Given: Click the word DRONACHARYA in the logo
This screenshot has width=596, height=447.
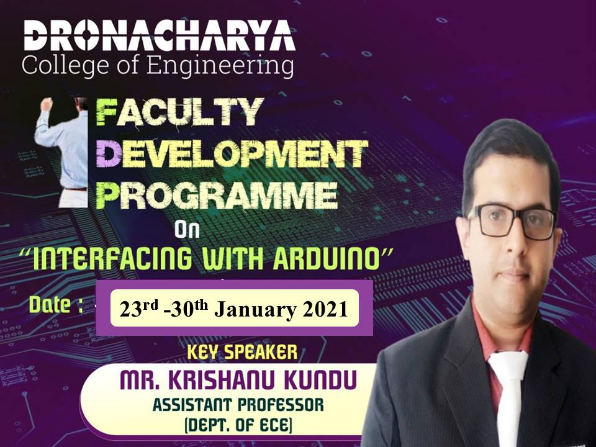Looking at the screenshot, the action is click(x=160, y=36).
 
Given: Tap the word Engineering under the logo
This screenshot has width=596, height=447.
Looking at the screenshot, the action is click(x=220, y=65).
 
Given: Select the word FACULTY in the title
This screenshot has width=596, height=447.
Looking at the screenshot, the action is click(x=179, y=112).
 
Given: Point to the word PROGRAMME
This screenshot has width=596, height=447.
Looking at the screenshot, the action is click(x=217, y=195).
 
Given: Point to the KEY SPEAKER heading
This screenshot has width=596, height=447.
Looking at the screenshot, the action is click(x=242, y=353).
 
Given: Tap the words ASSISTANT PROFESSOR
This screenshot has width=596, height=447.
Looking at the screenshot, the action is click(x=238, y=405).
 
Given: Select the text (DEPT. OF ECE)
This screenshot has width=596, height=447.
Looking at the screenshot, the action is click(x=238, y=425).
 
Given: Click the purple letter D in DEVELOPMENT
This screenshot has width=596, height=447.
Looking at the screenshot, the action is click(x=108, y=153).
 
